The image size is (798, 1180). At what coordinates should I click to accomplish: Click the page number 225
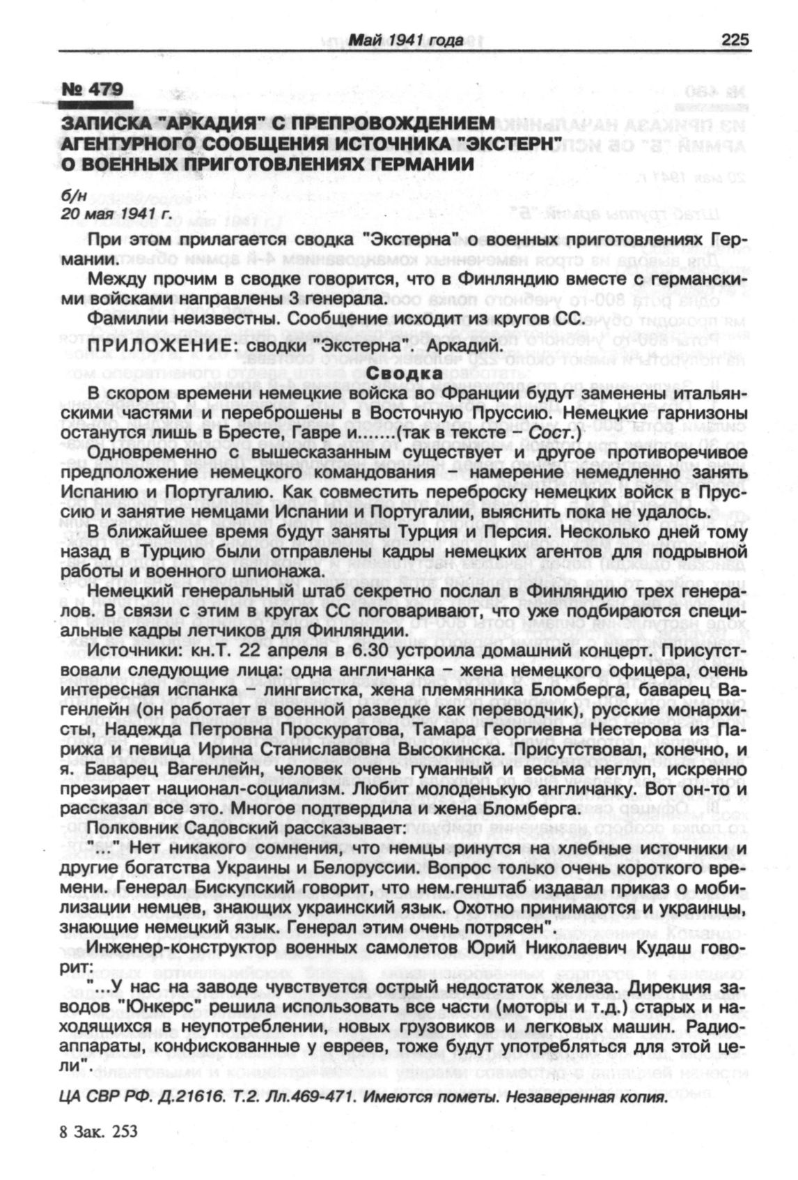click(735, 40)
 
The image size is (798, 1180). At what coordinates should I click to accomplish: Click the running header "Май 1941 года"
click(406, 41)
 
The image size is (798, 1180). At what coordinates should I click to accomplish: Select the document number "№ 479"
click(92, 89)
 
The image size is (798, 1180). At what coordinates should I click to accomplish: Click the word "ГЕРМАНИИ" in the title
click(411, 162)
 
